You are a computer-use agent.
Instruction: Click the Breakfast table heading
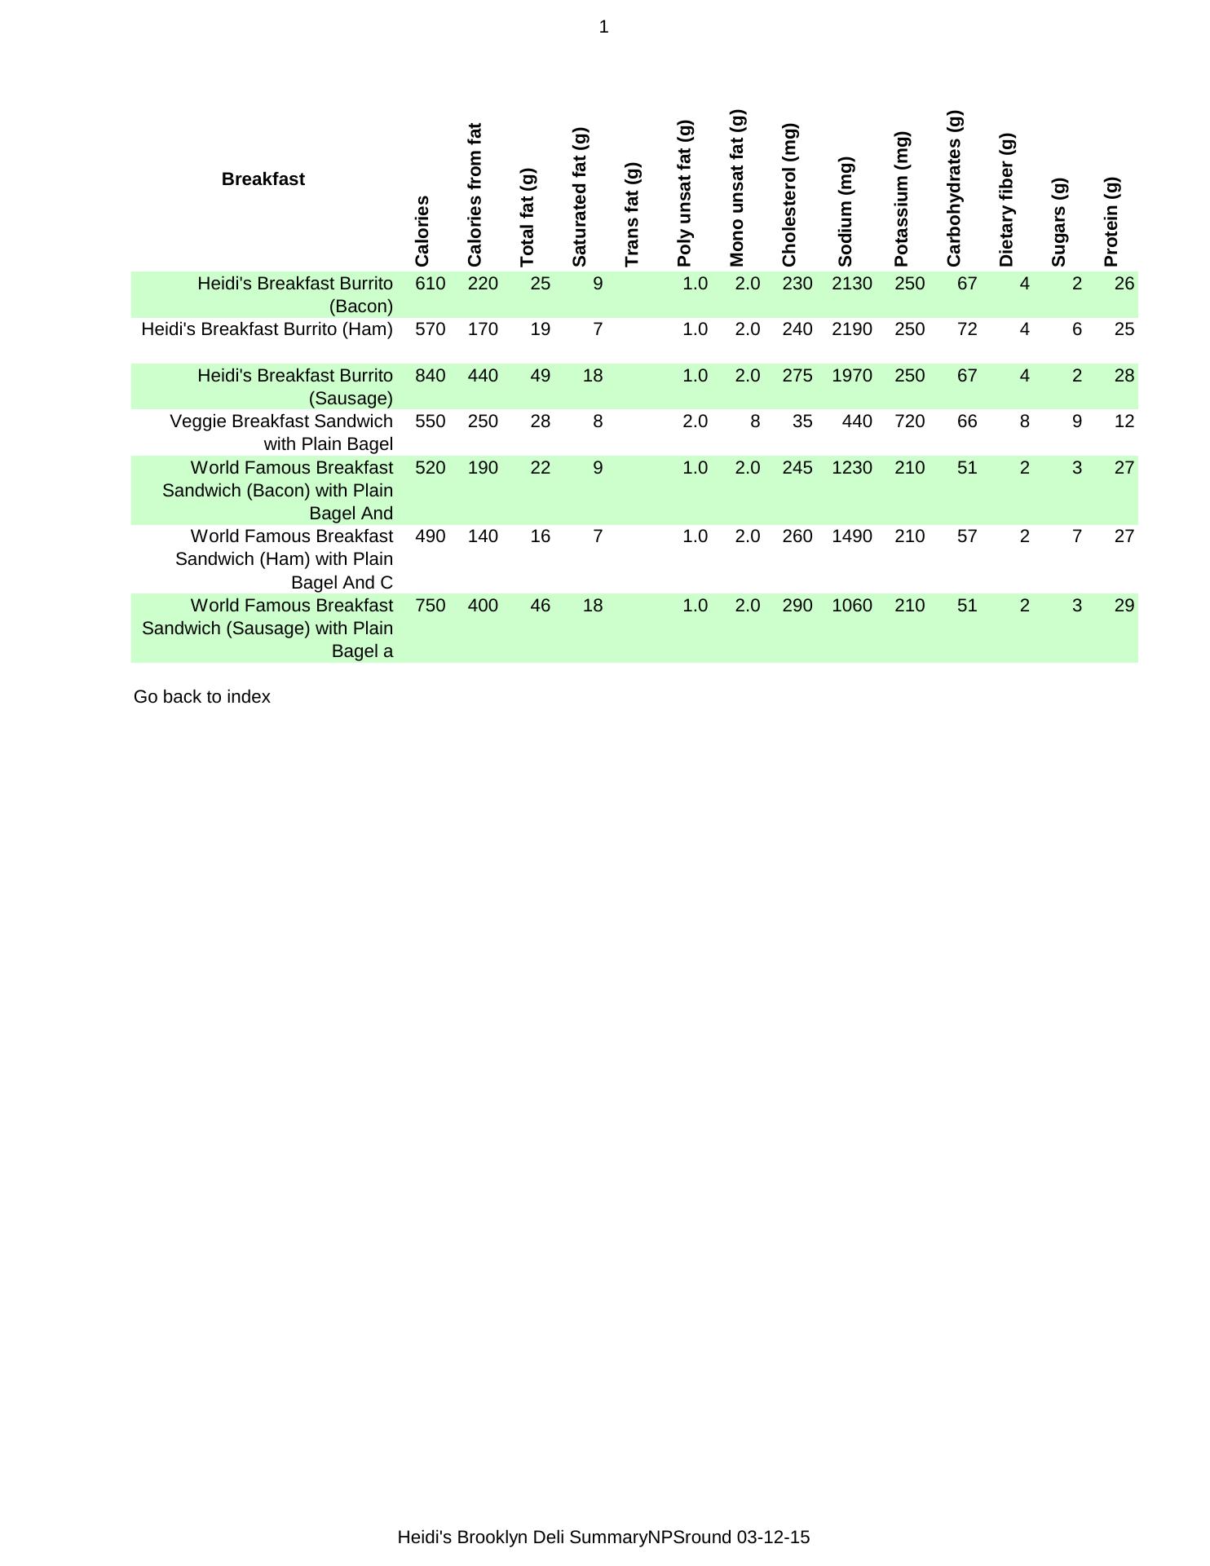point(263,179)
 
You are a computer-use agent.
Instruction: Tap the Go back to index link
point(201,697)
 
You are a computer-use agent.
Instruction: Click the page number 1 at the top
point(603,28)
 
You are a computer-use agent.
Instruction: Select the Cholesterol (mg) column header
point(788,196)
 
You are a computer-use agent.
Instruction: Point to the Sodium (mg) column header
point(845,212)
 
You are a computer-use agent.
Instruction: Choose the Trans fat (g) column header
point(632,214)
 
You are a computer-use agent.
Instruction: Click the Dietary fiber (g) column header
point(1006,201)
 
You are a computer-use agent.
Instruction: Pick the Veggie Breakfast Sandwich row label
point(280,433)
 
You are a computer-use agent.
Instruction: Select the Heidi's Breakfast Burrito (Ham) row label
point(267,329)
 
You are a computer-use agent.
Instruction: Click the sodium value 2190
point(851,329)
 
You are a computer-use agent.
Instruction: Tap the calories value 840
point(431,376)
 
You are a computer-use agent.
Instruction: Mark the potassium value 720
point(909,421)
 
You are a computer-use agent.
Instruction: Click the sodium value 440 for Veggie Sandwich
point(856,421)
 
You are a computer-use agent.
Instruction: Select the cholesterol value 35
point(802,421)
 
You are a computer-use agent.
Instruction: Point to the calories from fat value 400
point(483,606)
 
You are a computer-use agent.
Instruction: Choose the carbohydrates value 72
point(966,329)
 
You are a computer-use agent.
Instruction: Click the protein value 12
point(1124,421)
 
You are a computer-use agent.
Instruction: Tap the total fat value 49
point(540,376)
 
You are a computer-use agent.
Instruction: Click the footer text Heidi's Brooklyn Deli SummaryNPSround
point(603,1537)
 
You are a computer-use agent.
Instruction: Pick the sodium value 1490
point(851,536)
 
